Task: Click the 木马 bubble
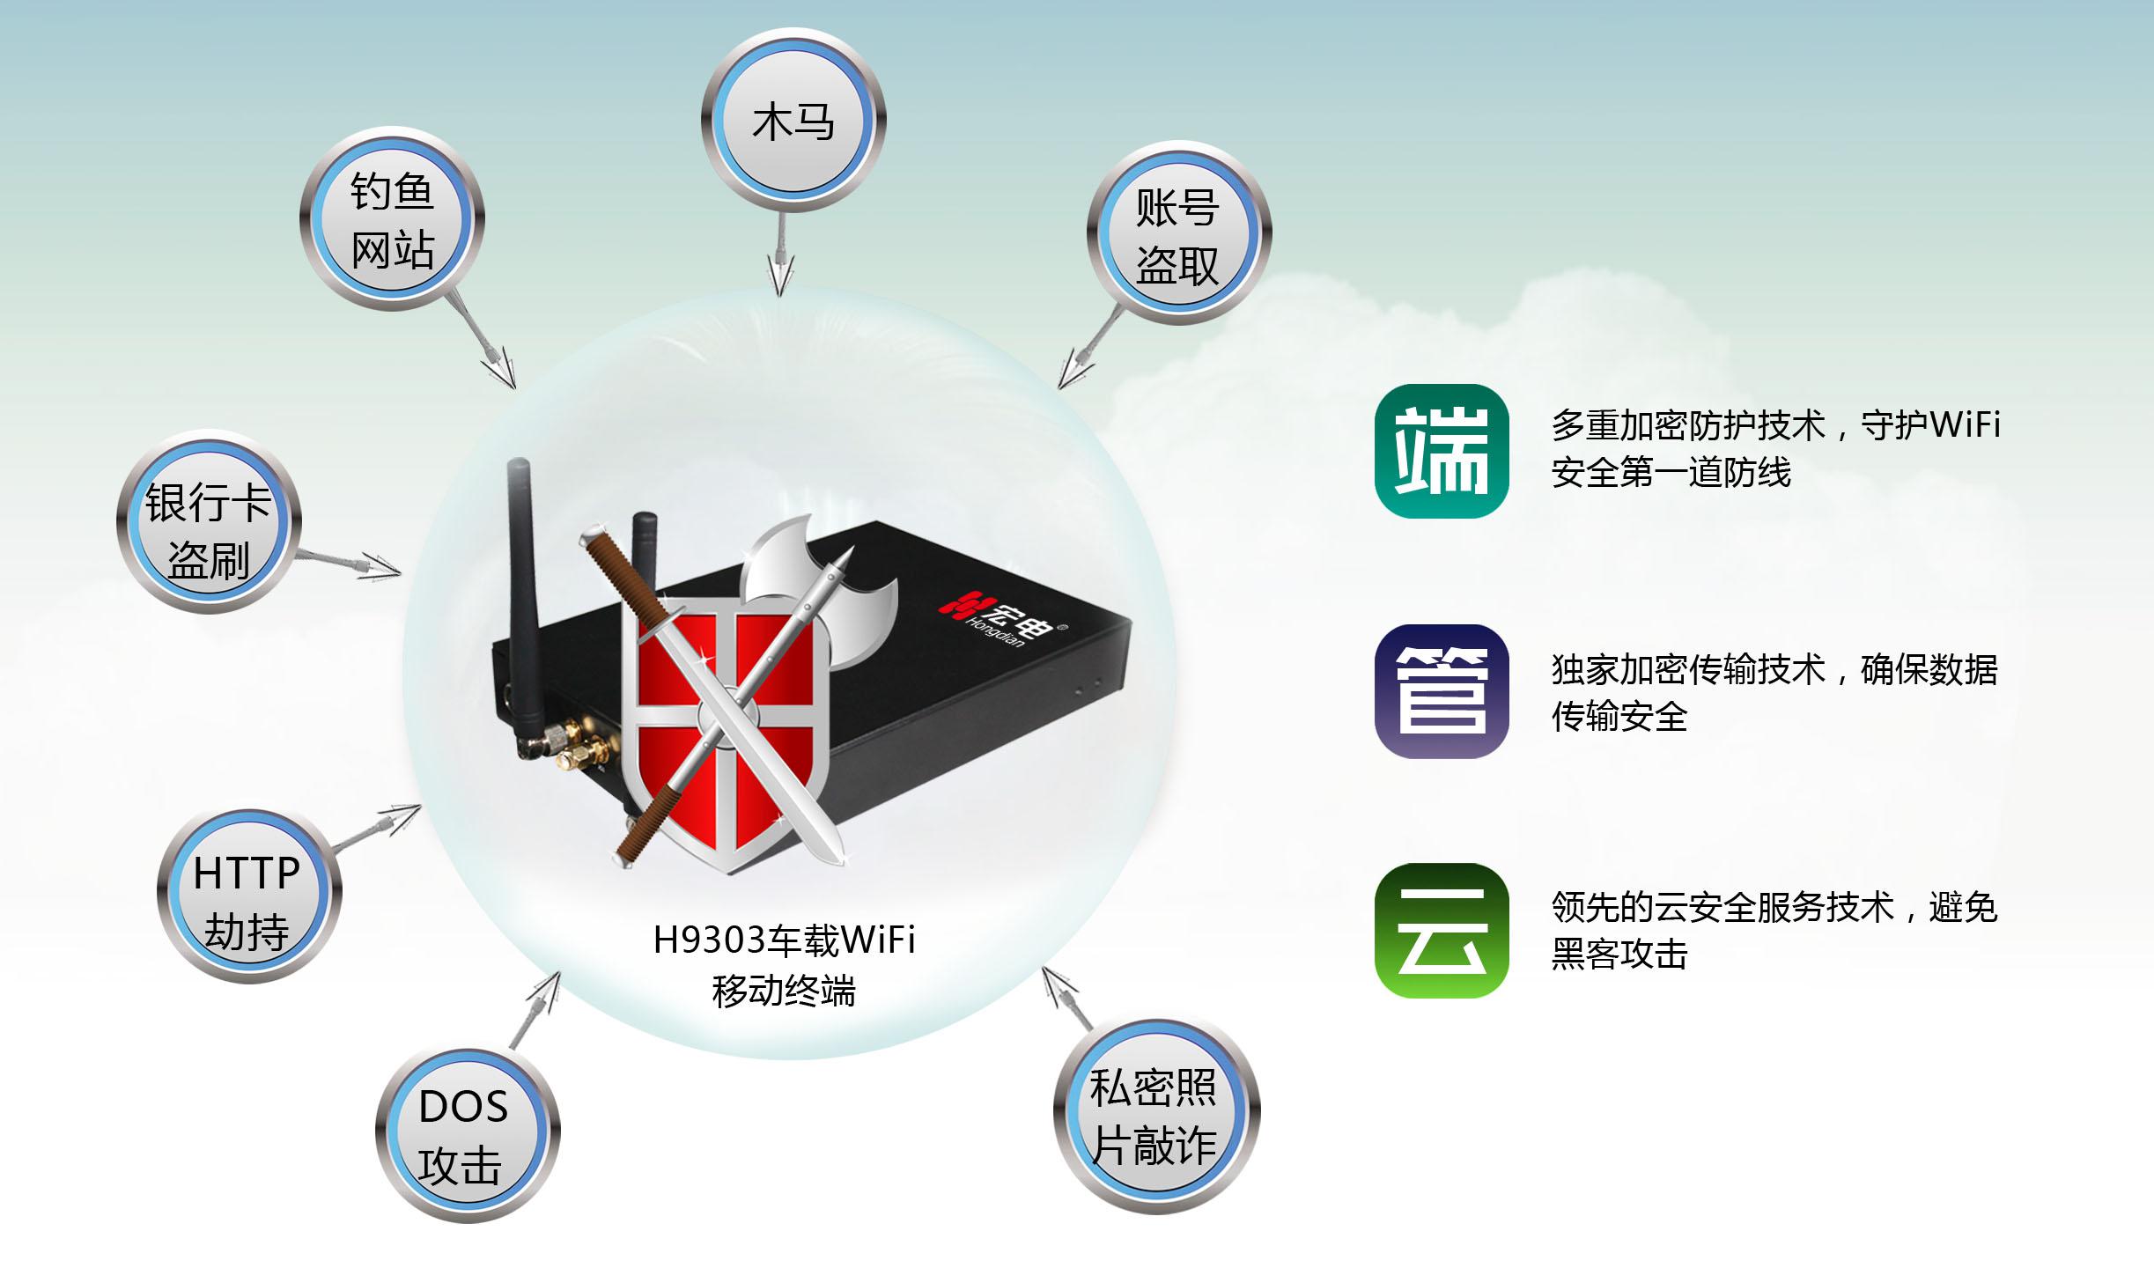793,121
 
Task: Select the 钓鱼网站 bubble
392,219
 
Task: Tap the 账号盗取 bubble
1178,234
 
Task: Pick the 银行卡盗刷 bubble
209,523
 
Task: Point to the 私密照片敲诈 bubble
1155,1116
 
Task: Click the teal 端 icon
1442,452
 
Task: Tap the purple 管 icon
1442,691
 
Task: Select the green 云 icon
1442,931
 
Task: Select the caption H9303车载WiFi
784,940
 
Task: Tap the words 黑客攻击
1619,955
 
